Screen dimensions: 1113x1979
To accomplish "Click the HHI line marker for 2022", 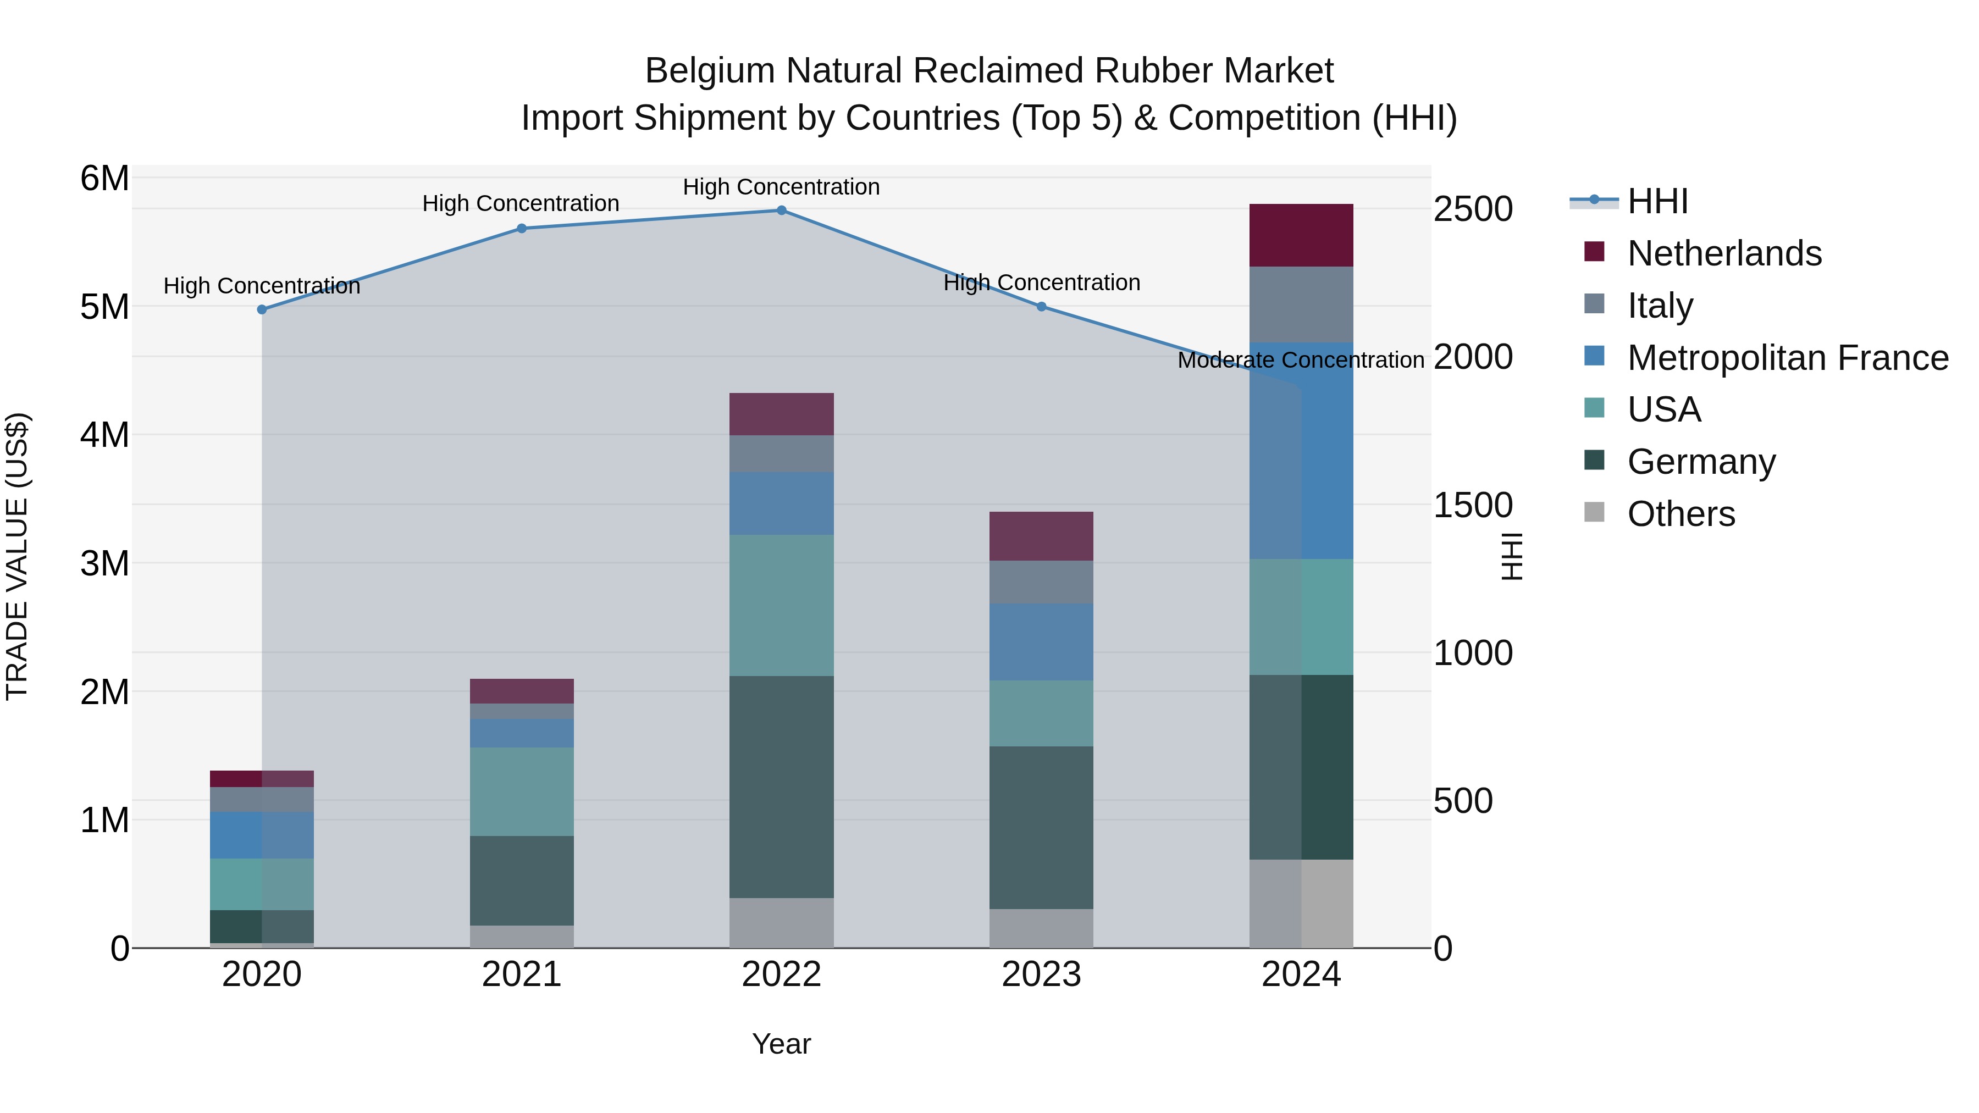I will [781, 210].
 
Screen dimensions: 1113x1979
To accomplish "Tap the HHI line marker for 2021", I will [522, 228].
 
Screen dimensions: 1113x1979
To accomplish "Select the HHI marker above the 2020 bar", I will [262, 309].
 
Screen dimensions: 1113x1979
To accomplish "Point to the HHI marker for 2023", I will [1041, 307].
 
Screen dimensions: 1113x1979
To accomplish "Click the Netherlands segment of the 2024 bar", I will [1301, 235].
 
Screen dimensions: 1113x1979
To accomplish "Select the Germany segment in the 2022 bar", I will [781, 787].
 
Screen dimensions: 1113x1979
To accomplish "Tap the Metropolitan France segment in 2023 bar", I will [1041, 641].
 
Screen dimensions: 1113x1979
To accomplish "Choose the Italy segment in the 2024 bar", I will [1301, 304].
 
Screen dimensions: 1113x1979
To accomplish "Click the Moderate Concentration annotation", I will [1300, 360].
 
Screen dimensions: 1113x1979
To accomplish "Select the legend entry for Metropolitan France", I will [1787, 358].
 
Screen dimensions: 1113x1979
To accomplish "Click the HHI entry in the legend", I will [1657, 201].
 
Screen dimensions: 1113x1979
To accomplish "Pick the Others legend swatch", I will [1594, 512].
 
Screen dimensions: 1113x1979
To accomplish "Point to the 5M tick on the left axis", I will [104, 307].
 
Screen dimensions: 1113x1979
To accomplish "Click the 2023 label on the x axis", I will [1041, 974].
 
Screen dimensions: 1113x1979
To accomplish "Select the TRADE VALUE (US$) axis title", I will [17, 556].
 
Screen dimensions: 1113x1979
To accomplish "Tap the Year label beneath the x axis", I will [781, 1044].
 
